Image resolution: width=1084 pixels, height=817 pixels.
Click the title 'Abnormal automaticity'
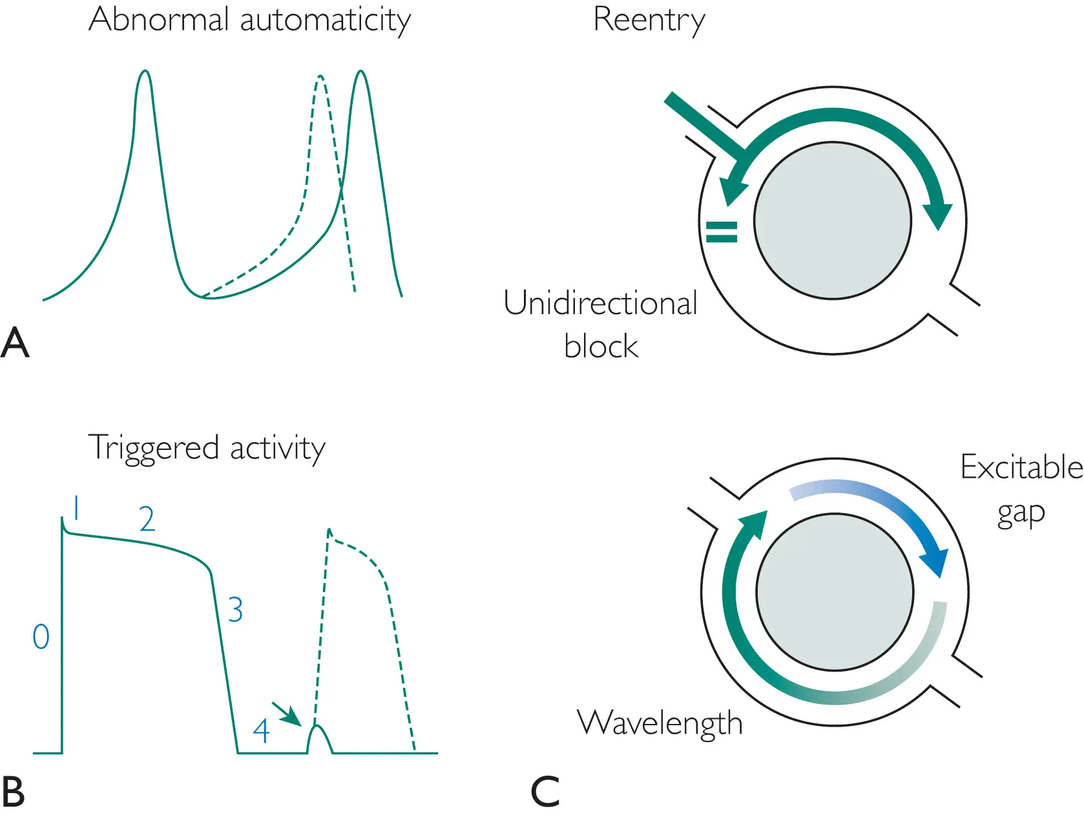click(249, 20)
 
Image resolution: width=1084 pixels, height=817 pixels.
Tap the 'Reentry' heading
click(649, 20)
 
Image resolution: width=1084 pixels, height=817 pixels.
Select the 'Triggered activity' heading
click(206, 447)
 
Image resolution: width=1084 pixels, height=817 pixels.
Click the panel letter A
click(15, 343)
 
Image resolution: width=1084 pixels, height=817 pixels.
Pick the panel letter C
click(545, 792)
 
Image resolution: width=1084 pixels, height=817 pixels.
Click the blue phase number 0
click(41, 637)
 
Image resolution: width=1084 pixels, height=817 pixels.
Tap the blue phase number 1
click(76, 508)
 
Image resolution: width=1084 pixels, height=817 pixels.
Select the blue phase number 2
click(147, 519)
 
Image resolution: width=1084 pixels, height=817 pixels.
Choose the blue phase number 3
click(235, 610)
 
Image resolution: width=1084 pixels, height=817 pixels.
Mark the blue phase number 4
click(261, 731)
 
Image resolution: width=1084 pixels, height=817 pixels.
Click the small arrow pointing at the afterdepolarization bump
click(287, 714)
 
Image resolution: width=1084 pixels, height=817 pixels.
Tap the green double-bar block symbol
click(722, 231)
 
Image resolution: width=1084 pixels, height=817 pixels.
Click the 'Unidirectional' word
click(600, 303)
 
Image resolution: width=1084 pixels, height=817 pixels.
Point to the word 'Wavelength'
click(660, 723)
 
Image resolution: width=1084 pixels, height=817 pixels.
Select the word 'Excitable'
click(1021, 467)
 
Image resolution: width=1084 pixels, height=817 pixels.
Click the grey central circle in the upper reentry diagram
click(833, 220)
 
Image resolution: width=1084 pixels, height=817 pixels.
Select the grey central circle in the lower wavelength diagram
click(835, 591)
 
